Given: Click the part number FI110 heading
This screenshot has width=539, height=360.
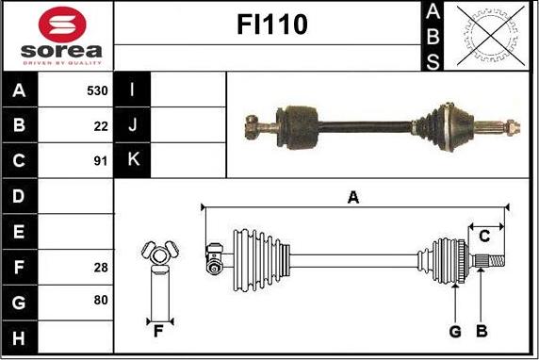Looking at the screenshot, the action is coord(272,25).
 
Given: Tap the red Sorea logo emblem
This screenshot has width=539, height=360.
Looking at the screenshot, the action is coord(62,25).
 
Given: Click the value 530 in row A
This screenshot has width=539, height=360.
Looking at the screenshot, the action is coord(97,90).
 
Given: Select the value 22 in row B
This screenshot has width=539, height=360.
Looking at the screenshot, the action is coord(101,126).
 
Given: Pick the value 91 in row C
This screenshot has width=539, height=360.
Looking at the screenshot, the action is coord(101,161).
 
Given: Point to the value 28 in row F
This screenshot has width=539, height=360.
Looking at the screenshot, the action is coord(101,267).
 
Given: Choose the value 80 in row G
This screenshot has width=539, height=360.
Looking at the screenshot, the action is coord(101,300).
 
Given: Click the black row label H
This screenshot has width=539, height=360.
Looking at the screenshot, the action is coord(20,337).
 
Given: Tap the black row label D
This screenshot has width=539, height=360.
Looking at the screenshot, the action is coord(20,196).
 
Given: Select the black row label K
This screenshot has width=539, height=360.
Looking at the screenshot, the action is coord(132,160).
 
